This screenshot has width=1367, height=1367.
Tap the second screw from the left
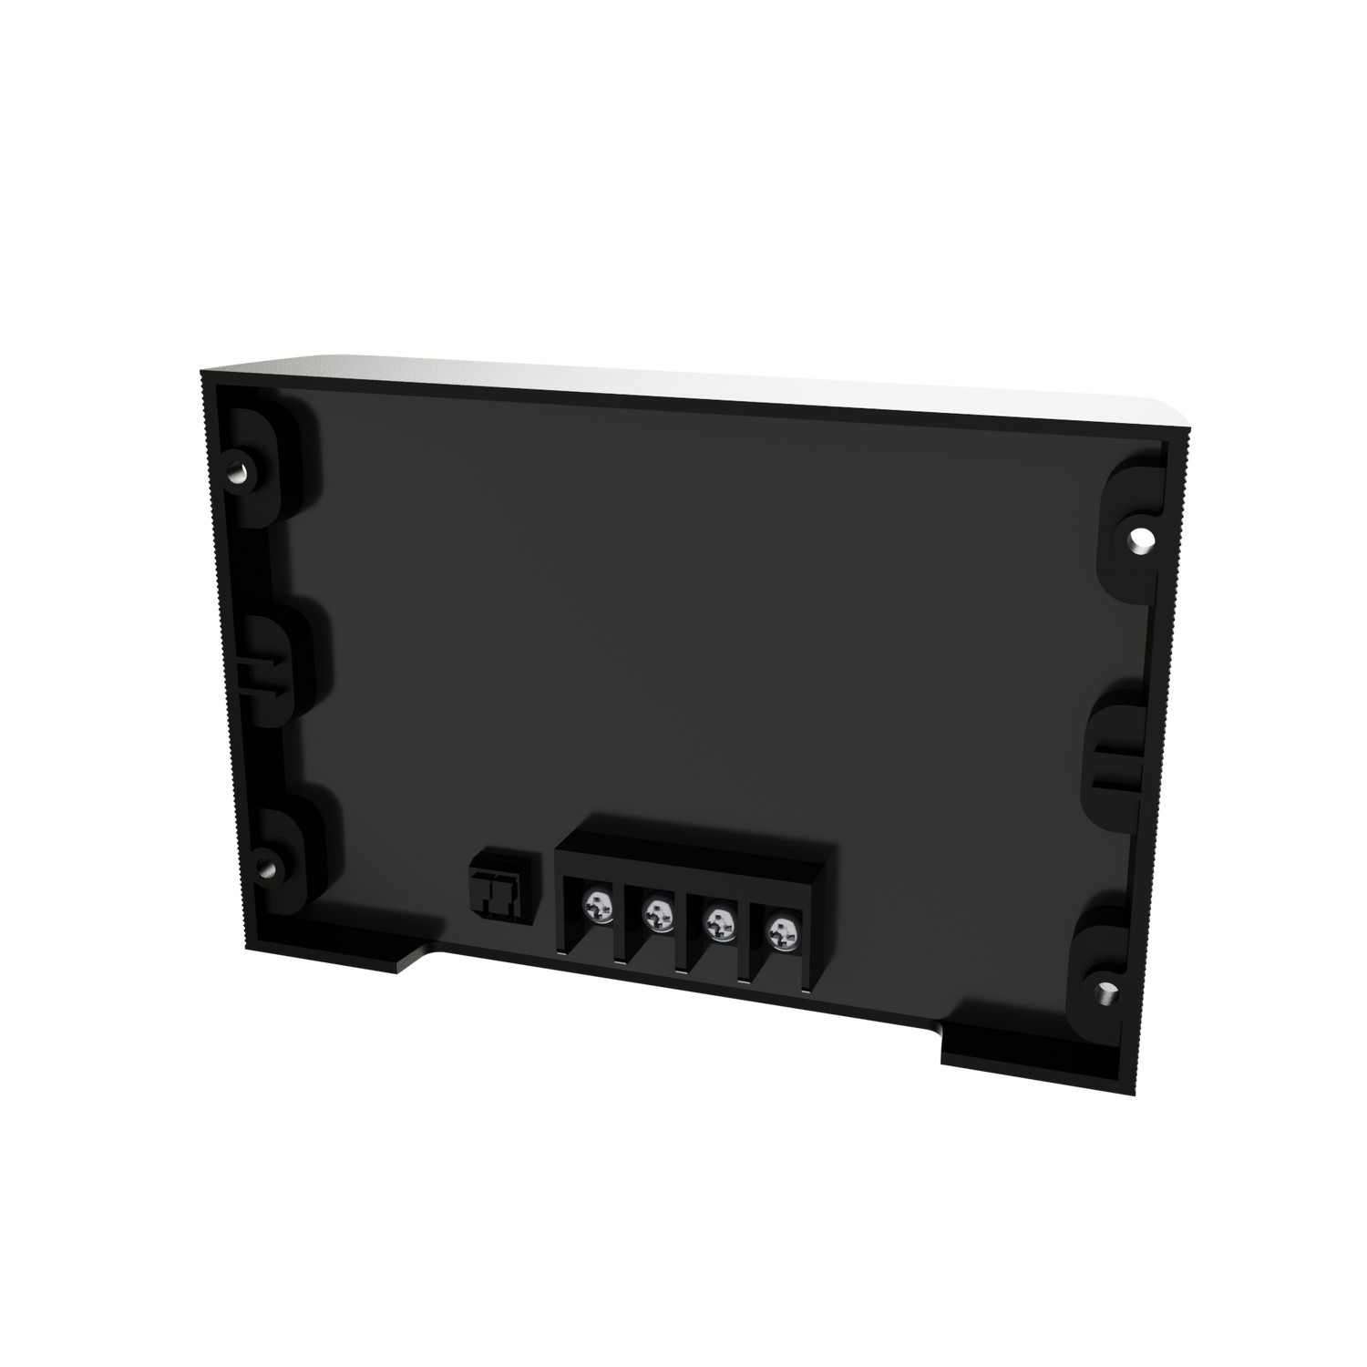coord(658,910)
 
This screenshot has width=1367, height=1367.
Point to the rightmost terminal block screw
coord(779,931)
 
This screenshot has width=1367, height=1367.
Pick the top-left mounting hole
coord(238,475)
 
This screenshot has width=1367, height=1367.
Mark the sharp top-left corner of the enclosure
coord(202,368)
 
